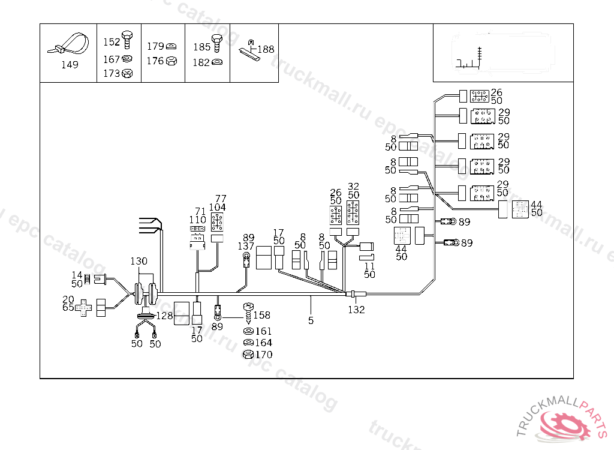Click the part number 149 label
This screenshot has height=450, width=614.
point(70,65)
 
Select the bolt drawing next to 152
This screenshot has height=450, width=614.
point(127,40)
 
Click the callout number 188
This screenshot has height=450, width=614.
point(266,49)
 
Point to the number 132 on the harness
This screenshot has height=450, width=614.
point(357,310)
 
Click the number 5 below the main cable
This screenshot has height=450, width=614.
point(311,320)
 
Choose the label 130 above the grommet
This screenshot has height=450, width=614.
point(139,261)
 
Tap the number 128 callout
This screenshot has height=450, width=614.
point(165,316)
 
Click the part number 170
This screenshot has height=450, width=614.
point(263,355)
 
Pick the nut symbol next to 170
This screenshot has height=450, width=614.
point(247,355)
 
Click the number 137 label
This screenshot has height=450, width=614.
point(245,246)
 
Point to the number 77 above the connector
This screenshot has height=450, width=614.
point(221,198)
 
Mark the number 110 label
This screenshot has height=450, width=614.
point(198,220)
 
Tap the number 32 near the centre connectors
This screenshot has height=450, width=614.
point(353,187)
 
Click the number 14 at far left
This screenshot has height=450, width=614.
point(77,274)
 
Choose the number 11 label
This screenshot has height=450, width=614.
point(369,265)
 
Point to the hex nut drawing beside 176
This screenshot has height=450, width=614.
point(170,61)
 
